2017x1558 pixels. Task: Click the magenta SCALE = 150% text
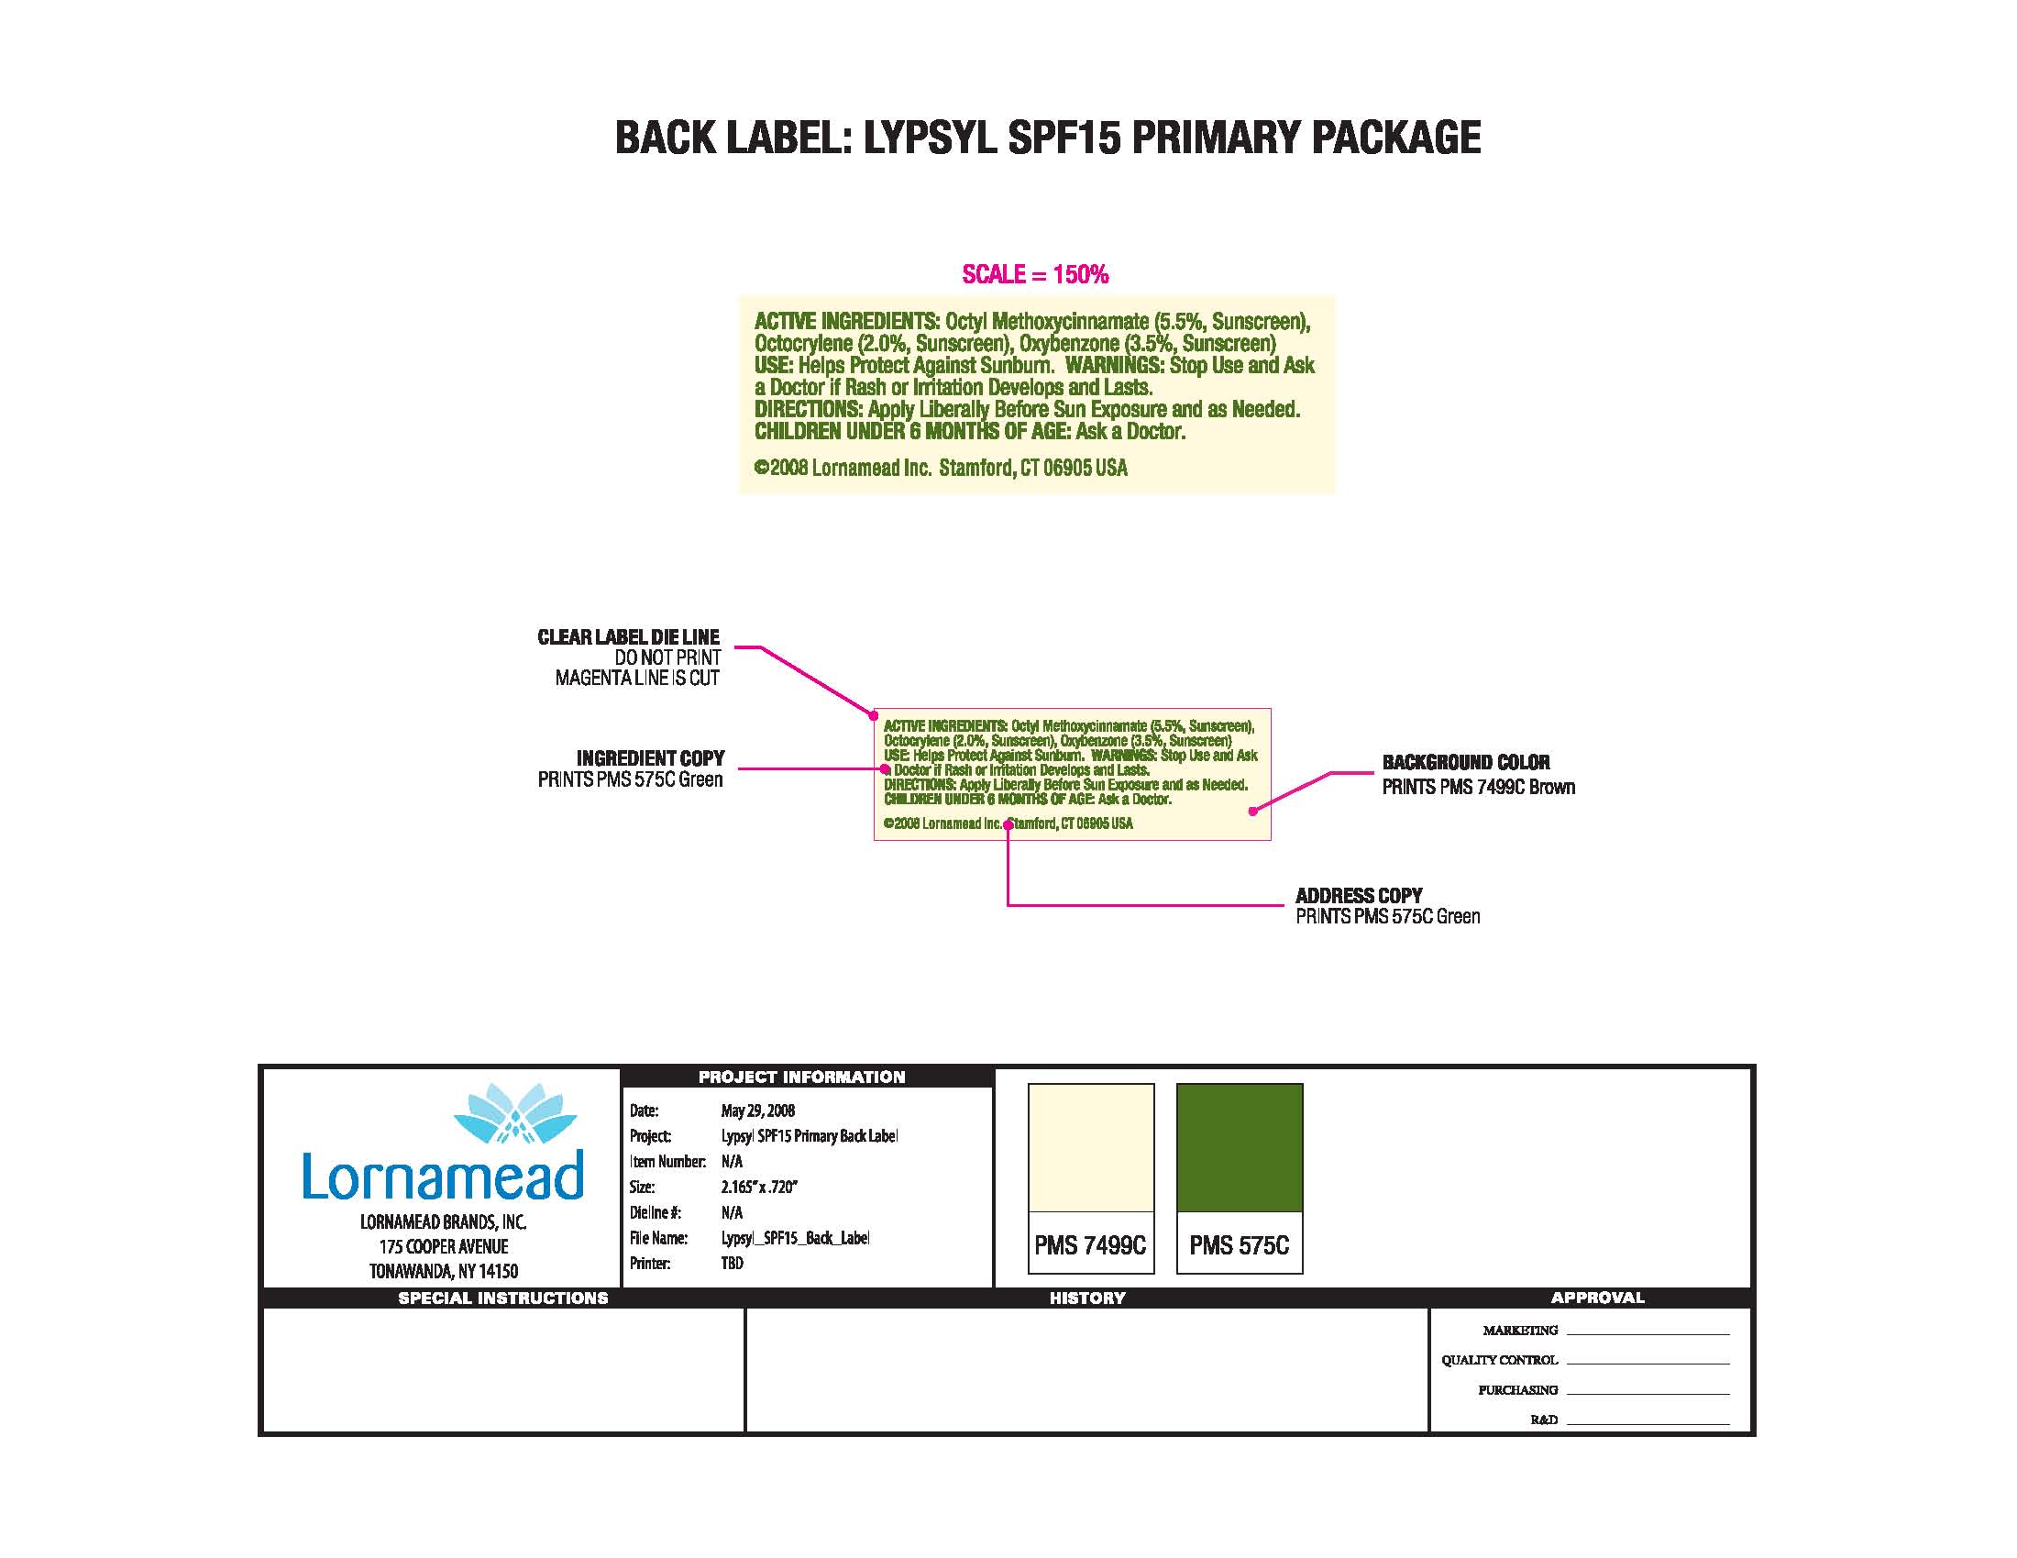1034,274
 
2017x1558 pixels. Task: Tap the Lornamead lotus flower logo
515,1113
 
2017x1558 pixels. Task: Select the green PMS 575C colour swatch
1240,1147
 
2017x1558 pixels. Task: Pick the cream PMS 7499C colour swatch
1091,1147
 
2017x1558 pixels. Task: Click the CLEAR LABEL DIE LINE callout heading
628,637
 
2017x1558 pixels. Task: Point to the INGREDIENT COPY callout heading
650,758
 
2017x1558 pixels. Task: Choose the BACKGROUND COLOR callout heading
1466,763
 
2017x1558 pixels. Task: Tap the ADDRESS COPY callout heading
1359,896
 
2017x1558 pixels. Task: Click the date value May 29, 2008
757,1111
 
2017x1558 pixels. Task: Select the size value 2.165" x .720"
758,1187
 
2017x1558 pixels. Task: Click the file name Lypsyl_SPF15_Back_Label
795,1238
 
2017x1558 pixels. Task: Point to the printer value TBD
732,1263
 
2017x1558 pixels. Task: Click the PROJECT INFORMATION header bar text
801,1077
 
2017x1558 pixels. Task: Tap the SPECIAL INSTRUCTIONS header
502,1298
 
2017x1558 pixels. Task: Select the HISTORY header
1087,1298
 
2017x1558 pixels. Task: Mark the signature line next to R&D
1648,1423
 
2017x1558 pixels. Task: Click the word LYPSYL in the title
929,138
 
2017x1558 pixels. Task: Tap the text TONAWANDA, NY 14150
444,1272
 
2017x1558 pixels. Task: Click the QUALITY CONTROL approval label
1499,1360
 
